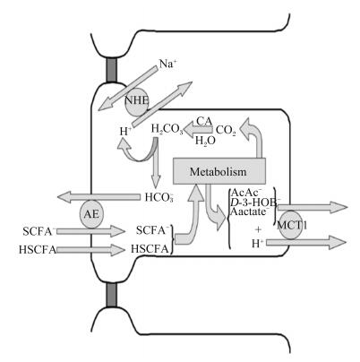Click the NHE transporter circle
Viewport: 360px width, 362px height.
click(136, 102)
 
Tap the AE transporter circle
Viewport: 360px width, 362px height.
click(91, 214)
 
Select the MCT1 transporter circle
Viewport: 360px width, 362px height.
click(289, 225)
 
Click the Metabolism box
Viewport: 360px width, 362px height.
click(219, 171)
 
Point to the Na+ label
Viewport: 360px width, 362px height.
click(167, 64)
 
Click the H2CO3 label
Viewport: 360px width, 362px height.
click(167, 129)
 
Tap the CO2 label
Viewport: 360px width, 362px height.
click(226, 131)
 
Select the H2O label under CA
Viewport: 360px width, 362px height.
click(205, 141)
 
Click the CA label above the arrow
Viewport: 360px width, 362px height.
click(204, 121)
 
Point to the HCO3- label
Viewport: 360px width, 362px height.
click(159, 197)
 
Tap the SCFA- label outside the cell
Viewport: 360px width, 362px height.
click(39, 231)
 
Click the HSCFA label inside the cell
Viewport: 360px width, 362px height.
click(150, 249)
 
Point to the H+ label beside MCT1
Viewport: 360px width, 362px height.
click(258, 244)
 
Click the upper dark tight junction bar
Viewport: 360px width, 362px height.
click(112, 70)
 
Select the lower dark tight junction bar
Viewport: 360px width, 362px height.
click(112, 294)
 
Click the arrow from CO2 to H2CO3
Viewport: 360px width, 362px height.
click(198, 131)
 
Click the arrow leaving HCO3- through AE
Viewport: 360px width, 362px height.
click(99, 197)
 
